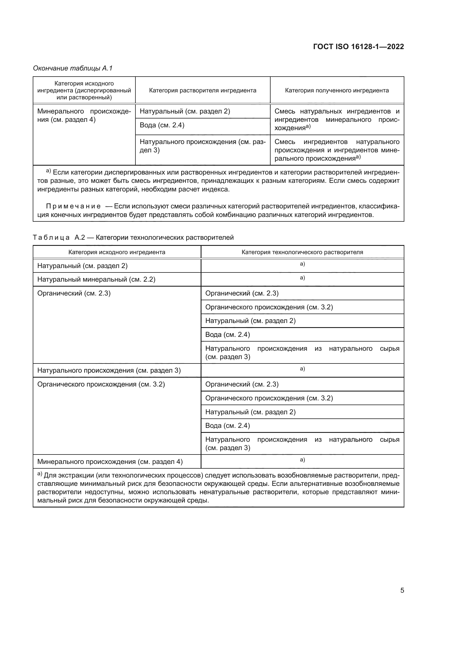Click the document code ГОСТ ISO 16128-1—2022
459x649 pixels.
tap(358, 47)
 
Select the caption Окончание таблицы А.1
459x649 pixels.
tap(73, 69)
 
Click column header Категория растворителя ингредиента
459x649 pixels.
tap(202, 90)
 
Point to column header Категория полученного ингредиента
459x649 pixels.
tap(337, 90)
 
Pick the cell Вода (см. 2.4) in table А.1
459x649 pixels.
tap(162, 125)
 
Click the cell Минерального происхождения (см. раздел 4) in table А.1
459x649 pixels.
tap(84, 115)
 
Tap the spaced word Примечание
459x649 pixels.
tap(73, 206)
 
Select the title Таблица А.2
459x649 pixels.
tap(59, 238)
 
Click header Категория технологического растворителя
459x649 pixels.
tap(302, 252)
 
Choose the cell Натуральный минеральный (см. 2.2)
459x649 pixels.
tap(96, 280)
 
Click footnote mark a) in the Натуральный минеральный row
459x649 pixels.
tap(302, 278)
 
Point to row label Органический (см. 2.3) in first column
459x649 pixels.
tap(74, 293)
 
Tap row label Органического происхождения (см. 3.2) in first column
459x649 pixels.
tap(101, 384)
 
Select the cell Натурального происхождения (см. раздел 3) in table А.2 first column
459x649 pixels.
tap(109, 371)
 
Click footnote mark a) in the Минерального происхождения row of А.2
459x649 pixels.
tap(302, 460)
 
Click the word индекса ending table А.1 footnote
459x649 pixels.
tap(217, 190)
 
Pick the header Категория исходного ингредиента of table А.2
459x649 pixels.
tap(117, 252)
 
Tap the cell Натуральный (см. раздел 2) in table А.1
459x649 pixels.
tap(185, 111)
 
